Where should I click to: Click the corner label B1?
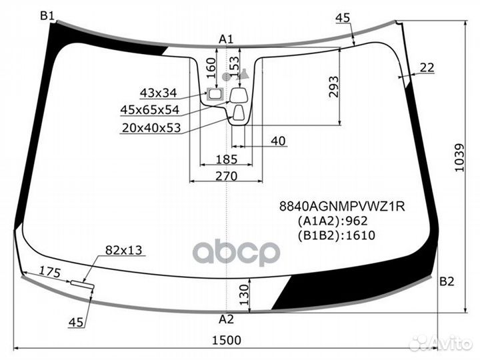[47, 15]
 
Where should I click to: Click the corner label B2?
[447, 281]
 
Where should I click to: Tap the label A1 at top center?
[226, 39]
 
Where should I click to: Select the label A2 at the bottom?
[227, 318]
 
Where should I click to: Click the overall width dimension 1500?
[227, 340]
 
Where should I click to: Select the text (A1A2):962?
[332, 221]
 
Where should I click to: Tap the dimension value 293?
[334, 87]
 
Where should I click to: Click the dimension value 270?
[227, 176]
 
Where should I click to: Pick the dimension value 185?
[227, 159]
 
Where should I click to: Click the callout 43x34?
[158, 93]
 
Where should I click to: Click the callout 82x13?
[123, 251]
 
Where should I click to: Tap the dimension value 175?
[49, 271]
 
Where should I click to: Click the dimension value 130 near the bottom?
[243, 291]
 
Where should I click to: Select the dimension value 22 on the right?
[427, 67]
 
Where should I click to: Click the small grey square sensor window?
[215, 94]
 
